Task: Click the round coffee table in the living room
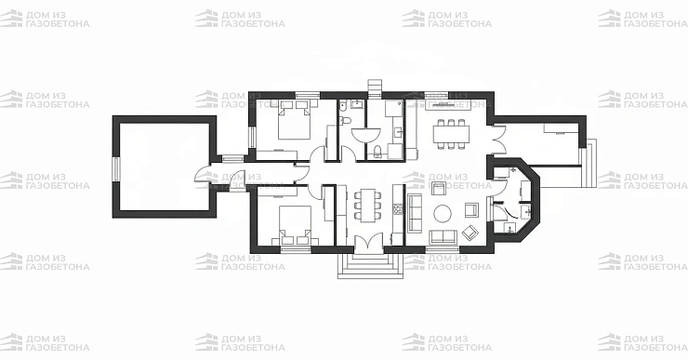tap(443, 214)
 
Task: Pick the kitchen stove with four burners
tap(398, 209)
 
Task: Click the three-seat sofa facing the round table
tap(415, 212)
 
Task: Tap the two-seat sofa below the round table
tap(443, 236)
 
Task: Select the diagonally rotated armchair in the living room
tap(470, 233)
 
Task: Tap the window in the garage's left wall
tap(116, 168)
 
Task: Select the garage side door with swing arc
tap(203, 173)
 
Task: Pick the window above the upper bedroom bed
tap(307, 95)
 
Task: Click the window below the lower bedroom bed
tap(296, 250)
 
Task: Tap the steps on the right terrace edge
tap(589, 163)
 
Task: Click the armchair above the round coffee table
tap(439, 188)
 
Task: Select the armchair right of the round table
tap(471, 210)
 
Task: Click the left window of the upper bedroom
tap(252, 137)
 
